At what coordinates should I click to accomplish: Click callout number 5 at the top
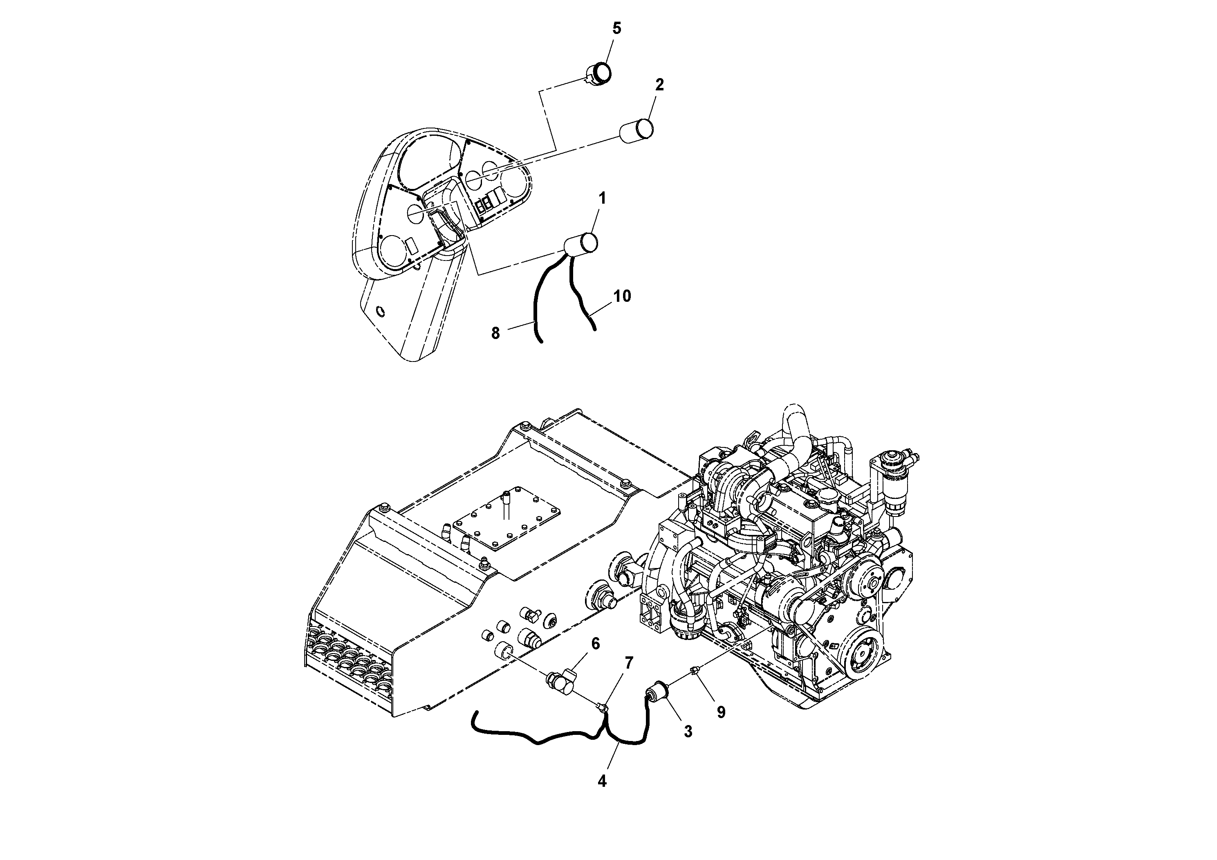point(616,28)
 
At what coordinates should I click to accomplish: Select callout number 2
point(659,85)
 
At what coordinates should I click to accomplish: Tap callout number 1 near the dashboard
point(602,198)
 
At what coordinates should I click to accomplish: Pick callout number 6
point(595,644)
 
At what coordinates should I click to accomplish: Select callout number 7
point(629,663)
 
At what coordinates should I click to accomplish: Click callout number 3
point(688,732)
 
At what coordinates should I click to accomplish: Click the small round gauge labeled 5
point(601,72)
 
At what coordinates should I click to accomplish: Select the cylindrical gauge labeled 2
point(637,130)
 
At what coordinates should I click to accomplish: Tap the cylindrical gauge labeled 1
point(581,243)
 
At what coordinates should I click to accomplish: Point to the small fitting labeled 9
point(695,672)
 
